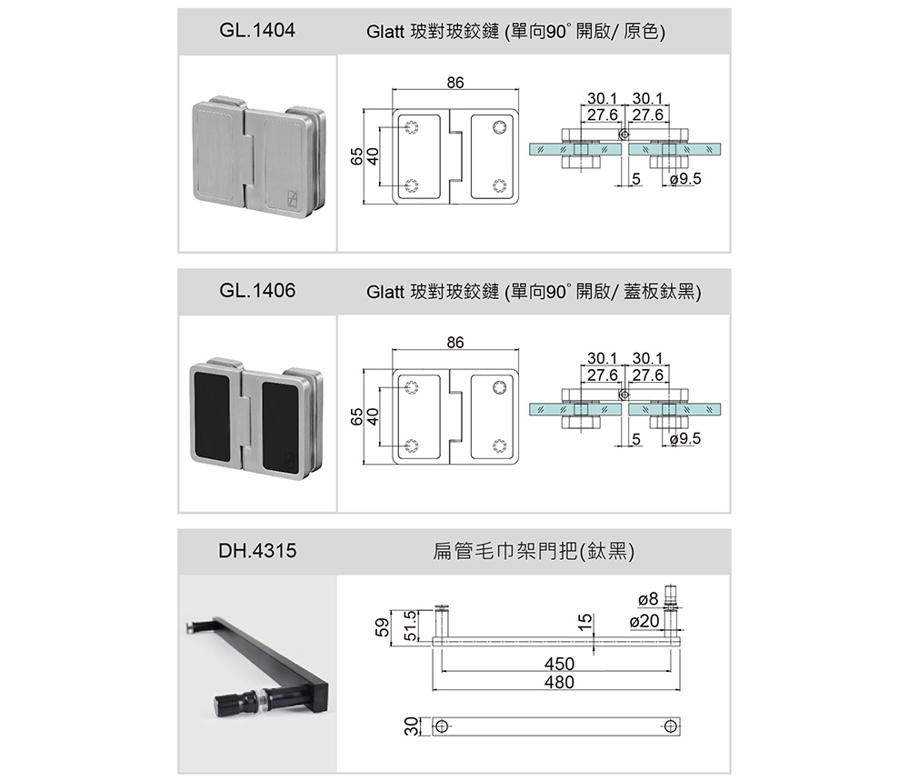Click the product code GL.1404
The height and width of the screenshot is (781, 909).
[257, 31]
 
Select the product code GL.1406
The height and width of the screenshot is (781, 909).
[257, 291]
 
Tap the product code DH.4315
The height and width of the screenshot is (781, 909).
[257, 551]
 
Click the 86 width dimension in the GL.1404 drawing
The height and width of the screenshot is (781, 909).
[455, 83]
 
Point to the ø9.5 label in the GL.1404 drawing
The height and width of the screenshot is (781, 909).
[684, 180]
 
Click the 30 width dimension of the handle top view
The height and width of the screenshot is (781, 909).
[411, 726]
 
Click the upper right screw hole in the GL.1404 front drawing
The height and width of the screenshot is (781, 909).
[499, 126]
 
